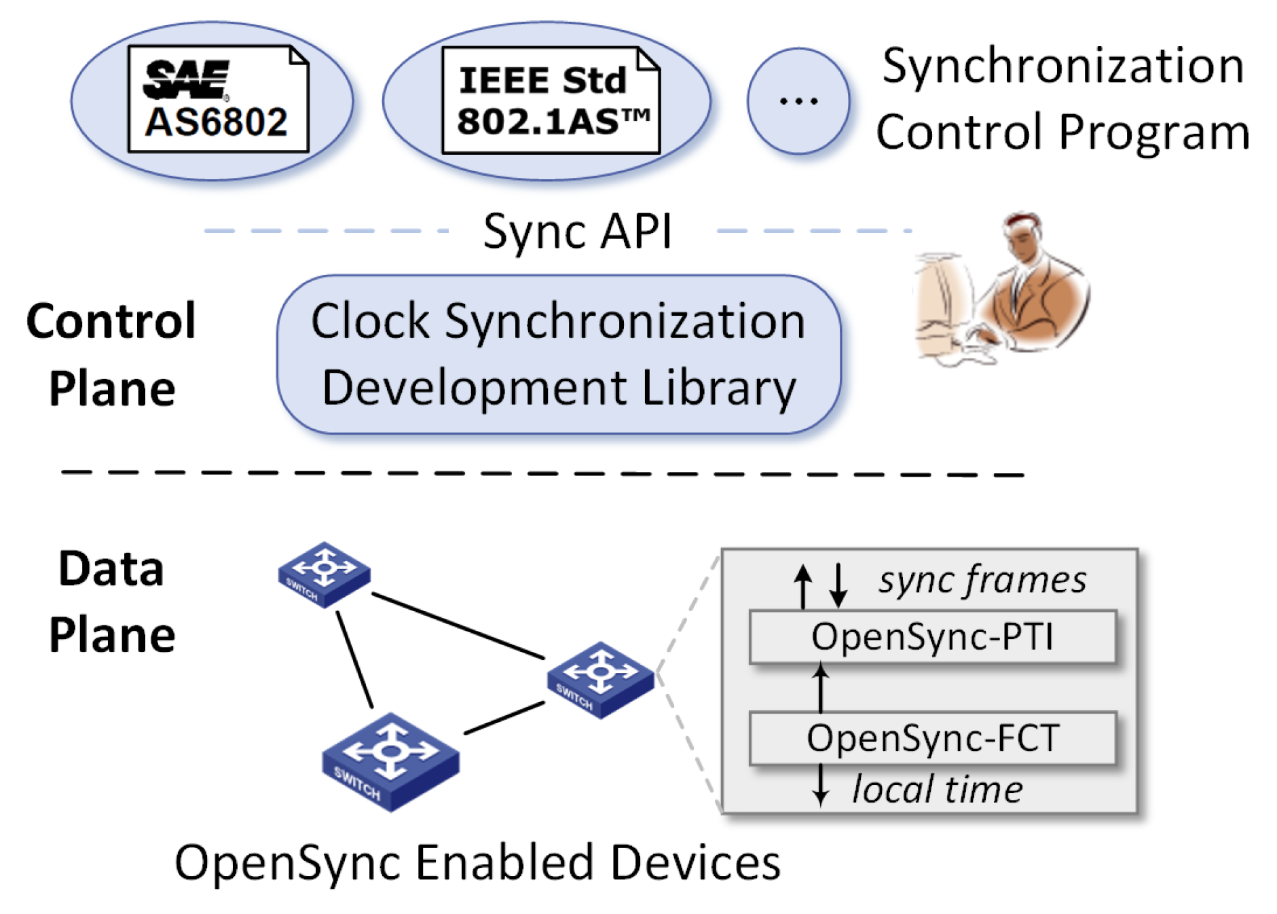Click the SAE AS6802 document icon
click(x=217, y=99)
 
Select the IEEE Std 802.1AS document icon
click(x=550, y=100)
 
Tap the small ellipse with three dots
click(x=798, y=101)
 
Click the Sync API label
click(x=577, y=232)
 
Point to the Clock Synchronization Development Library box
click(x=558, y=354)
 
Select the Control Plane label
click(x=111, y=354)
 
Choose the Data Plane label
click(x=111, y=601)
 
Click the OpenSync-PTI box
click(x=931, y=637)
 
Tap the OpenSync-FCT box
click(x=931, y=738)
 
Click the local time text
click(x=937, y=790)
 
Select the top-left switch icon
click(x=324, y=574)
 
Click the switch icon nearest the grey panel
click(x=600, y=680)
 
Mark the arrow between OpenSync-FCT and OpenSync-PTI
click(x=821, y=688)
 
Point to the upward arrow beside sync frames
click(x=803, y=585)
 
